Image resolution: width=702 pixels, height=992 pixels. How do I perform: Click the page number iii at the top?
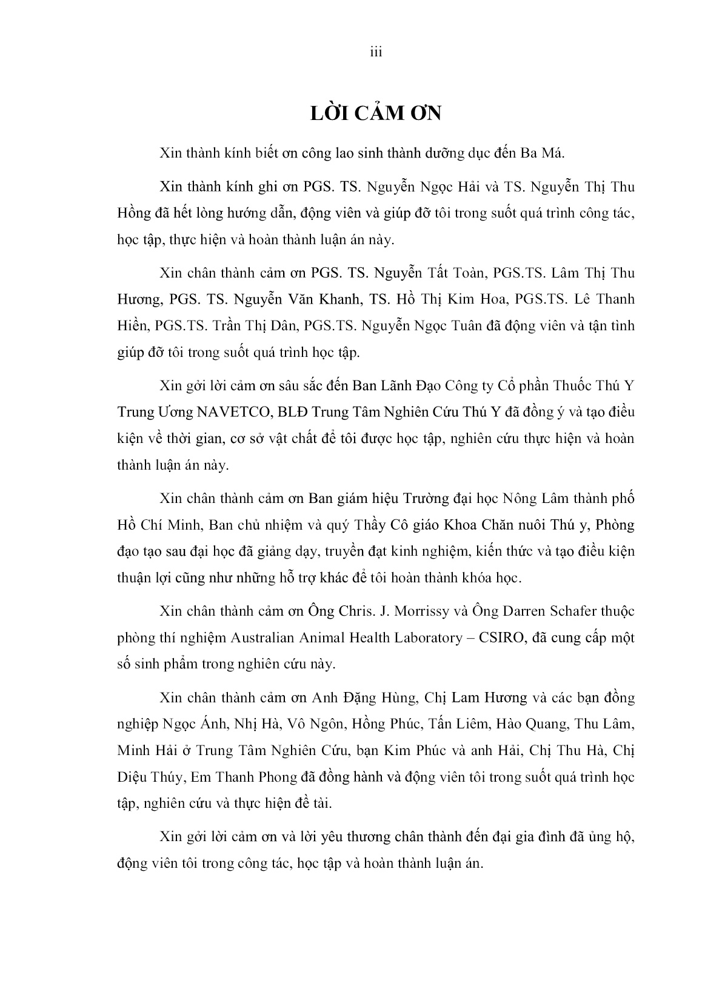click(x=376, y=53)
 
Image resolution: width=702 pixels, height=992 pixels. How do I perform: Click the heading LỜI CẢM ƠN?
click(x=376, y=113)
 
